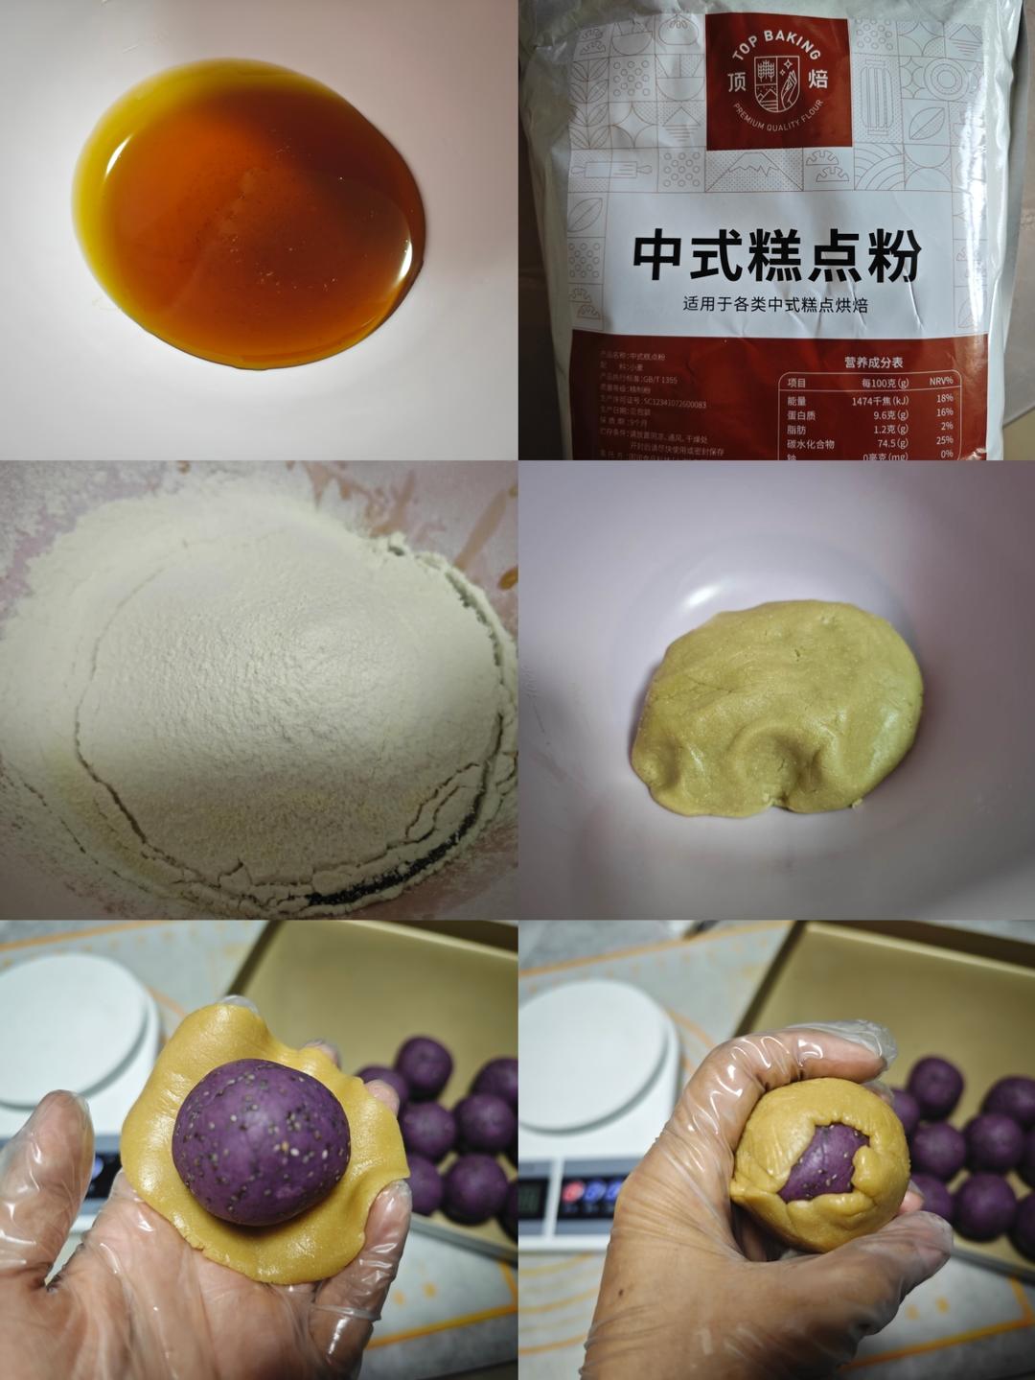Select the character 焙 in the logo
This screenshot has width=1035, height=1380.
pos(817,79)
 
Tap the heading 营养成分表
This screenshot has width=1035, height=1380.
pos(873,363)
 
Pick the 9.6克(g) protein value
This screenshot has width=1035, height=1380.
pos(887,415)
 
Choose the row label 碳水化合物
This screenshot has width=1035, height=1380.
pos(811,444)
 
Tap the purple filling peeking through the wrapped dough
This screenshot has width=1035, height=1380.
pos(816,1163)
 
